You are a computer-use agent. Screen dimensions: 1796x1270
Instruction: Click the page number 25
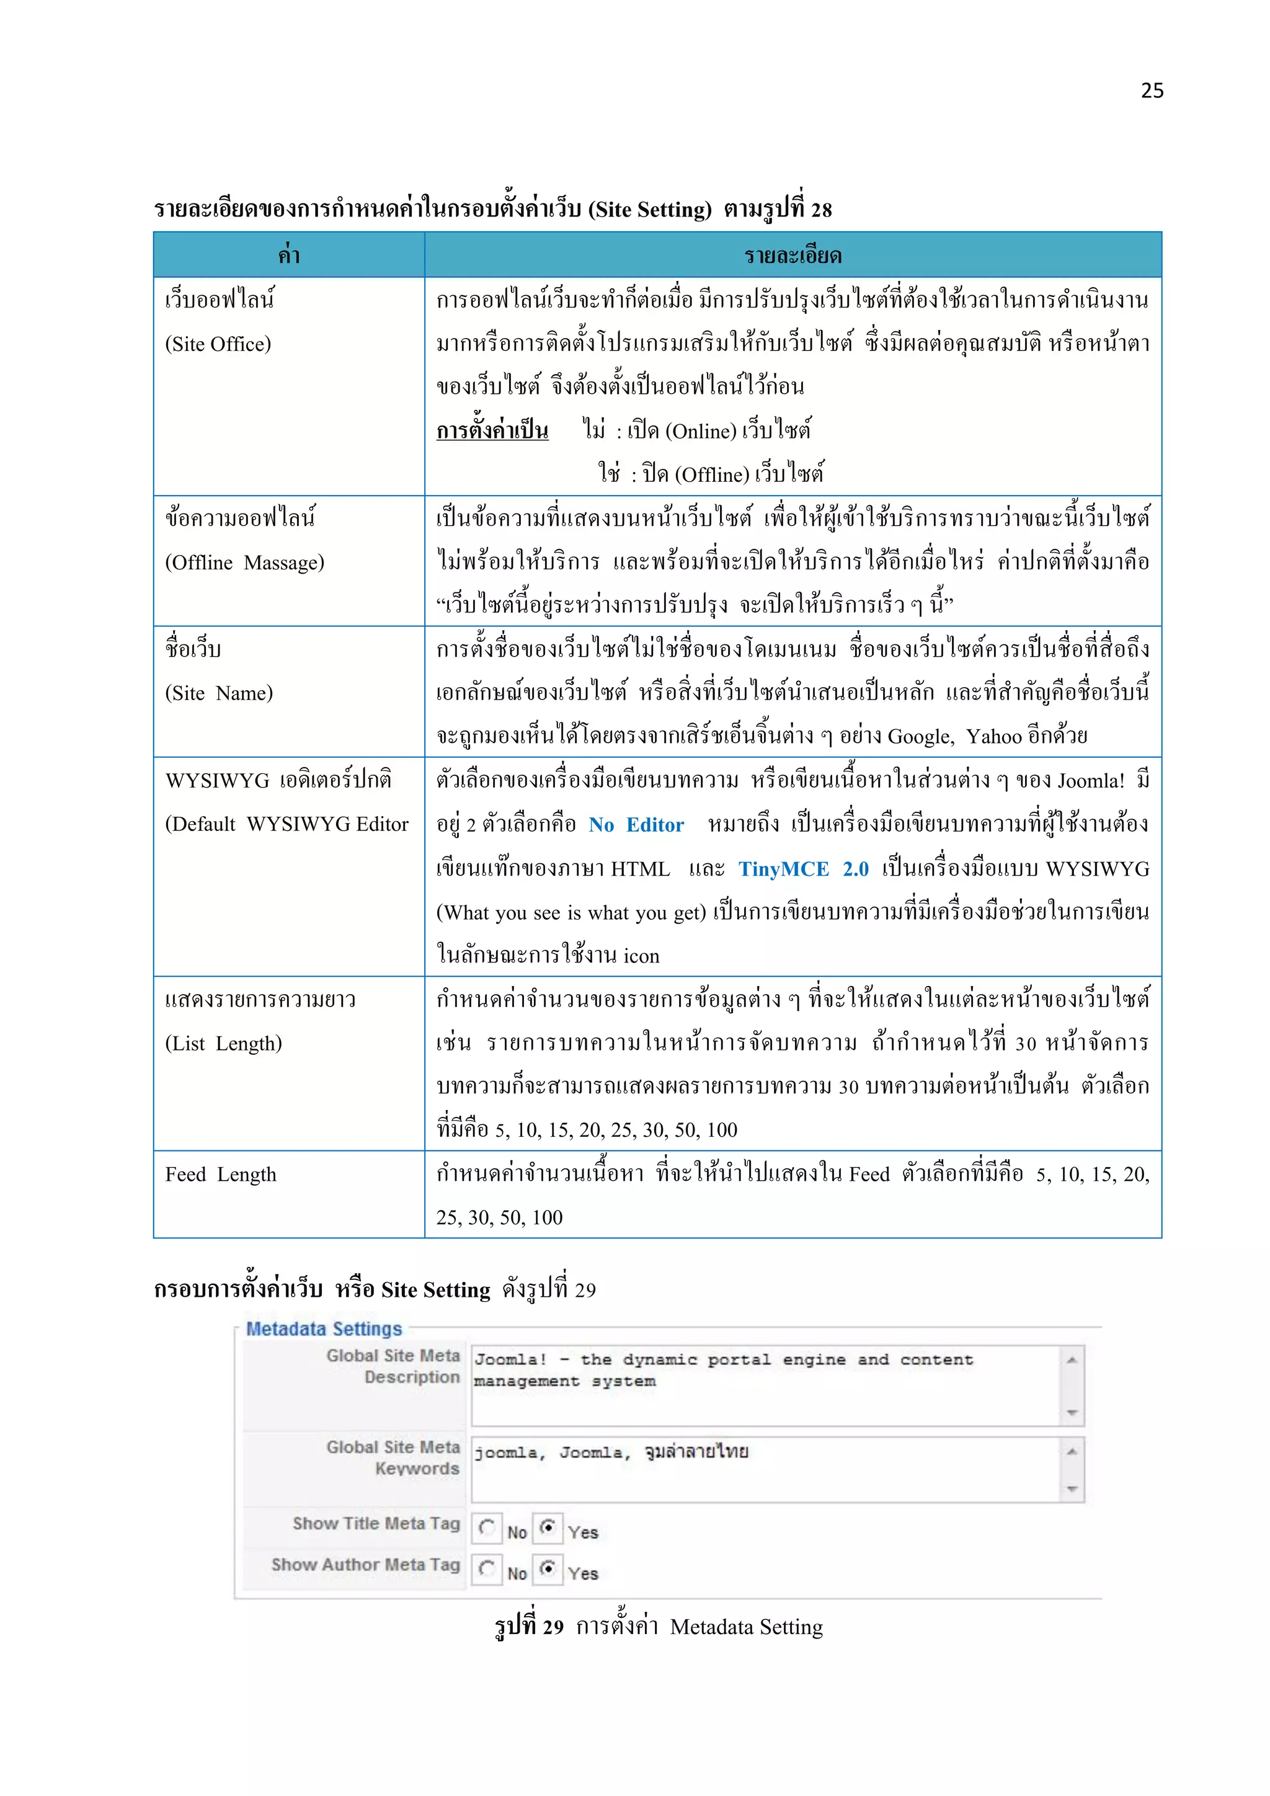(1152, 91)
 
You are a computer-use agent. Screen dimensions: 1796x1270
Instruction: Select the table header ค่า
(288, 256)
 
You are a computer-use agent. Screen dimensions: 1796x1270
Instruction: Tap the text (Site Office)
(218, 344)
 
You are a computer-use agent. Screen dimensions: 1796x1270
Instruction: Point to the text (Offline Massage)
(245, 562)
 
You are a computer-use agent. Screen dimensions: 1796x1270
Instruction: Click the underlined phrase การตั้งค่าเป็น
(492, 430)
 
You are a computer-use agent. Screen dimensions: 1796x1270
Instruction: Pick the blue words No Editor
(636, 824)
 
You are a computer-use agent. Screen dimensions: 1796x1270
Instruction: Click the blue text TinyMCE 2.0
(803, 869)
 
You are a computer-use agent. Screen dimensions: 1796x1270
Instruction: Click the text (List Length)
(224, 1044)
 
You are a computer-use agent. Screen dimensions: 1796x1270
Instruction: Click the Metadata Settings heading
(324, 1328)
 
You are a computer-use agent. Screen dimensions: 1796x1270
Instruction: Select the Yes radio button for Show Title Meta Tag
(548, 1526)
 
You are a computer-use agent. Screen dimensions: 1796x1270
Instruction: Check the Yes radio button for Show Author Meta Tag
(548, 1568)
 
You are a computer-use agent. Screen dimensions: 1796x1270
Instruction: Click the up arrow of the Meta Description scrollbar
(1072, 1359)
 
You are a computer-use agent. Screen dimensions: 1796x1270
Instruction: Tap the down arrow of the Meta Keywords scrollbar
(1072, 1488)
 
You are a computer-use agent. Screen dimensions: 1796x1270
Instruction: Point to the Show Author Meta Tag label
(365, 1565)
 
